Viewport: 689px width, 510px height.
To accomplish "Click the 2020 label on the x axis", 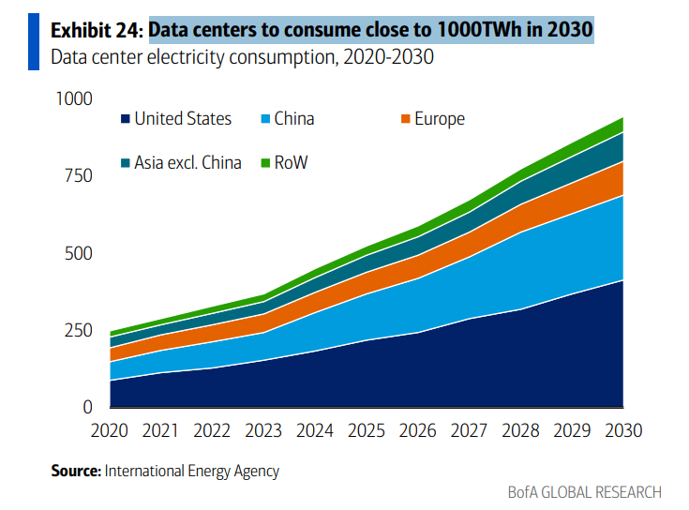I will point(109,431).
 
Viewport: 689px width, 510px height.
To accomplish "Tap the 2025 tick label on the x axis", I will point(367,431).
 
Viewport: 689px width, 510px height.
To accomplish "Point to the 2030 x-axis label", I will point(623,431).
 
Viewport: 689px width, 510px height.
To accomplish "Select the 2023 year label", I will point(263,431).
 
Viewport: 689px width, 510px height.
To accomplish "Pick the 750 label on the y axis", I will point(80,176).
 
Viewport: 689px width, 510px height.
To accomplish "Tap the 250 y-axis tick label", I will point(80,330).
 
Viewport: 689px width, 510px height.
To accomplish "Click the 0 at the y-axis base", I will point(89,407).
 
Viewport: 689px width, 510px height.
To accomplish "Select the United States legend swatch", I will point(125,119).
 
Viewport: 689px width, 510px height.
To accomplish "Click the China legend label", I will point(293,119).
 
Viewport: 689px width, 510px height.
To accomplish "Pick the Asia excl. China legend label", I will point(187,163).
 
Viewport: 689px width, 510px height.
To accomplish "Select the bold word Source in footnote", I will point(75,471).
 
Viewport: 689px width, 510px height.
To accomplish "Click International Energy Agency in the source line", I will point(192,471).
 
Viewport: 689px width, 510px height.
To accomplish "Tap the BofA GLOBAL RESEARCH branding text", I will point(584,492).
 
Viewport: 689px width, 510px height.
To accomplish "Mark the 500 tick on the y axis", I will point(80,253).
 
